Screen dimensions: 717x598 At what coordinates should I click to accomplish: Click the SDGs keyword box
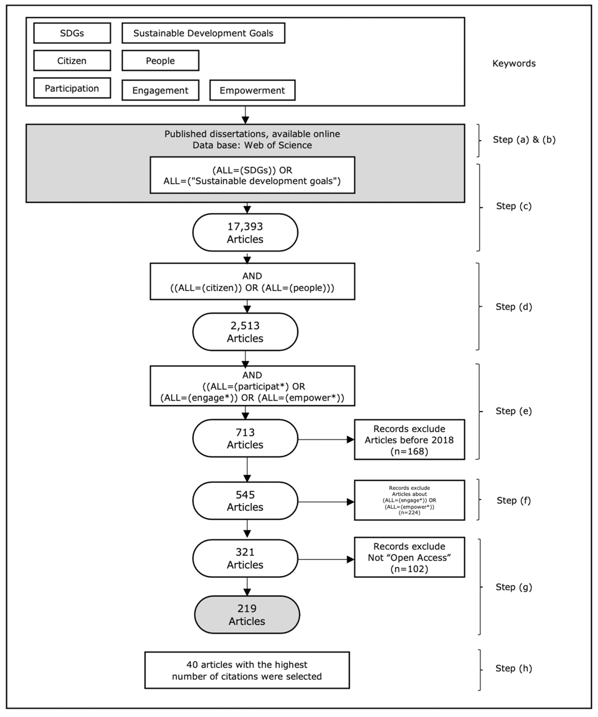(x=72, y=33)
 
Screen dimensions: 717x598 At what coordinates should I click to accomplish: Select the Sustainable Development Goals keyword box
(x=203, y=33)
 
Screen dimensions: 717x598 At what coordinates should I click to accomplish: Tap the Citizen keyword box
(x=72, y=61)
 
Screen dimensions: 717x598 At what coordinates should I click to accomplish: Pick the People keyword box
(x=160, y=61)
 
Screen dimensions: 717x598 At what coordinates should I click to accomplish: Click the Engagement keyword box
(x=160, y=90)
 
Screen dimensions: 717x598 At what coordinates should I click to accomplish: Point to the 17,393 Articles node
(x=245, y=233)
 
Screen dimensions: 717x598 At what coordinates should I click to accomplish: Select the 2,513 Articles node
(x=245, y=332)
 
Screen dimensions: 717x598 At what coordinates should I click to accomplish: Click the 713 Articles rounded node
(x=245, y=438)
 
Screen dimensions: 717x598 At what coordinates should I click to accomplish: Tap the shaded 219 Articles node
(x=247, y=615)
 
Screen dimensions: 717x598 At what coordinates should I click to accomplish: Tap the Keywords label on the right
(x=514, y=64)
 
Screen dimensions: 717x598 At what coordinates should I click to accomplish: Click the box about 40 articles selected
(x=247, y=670)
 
